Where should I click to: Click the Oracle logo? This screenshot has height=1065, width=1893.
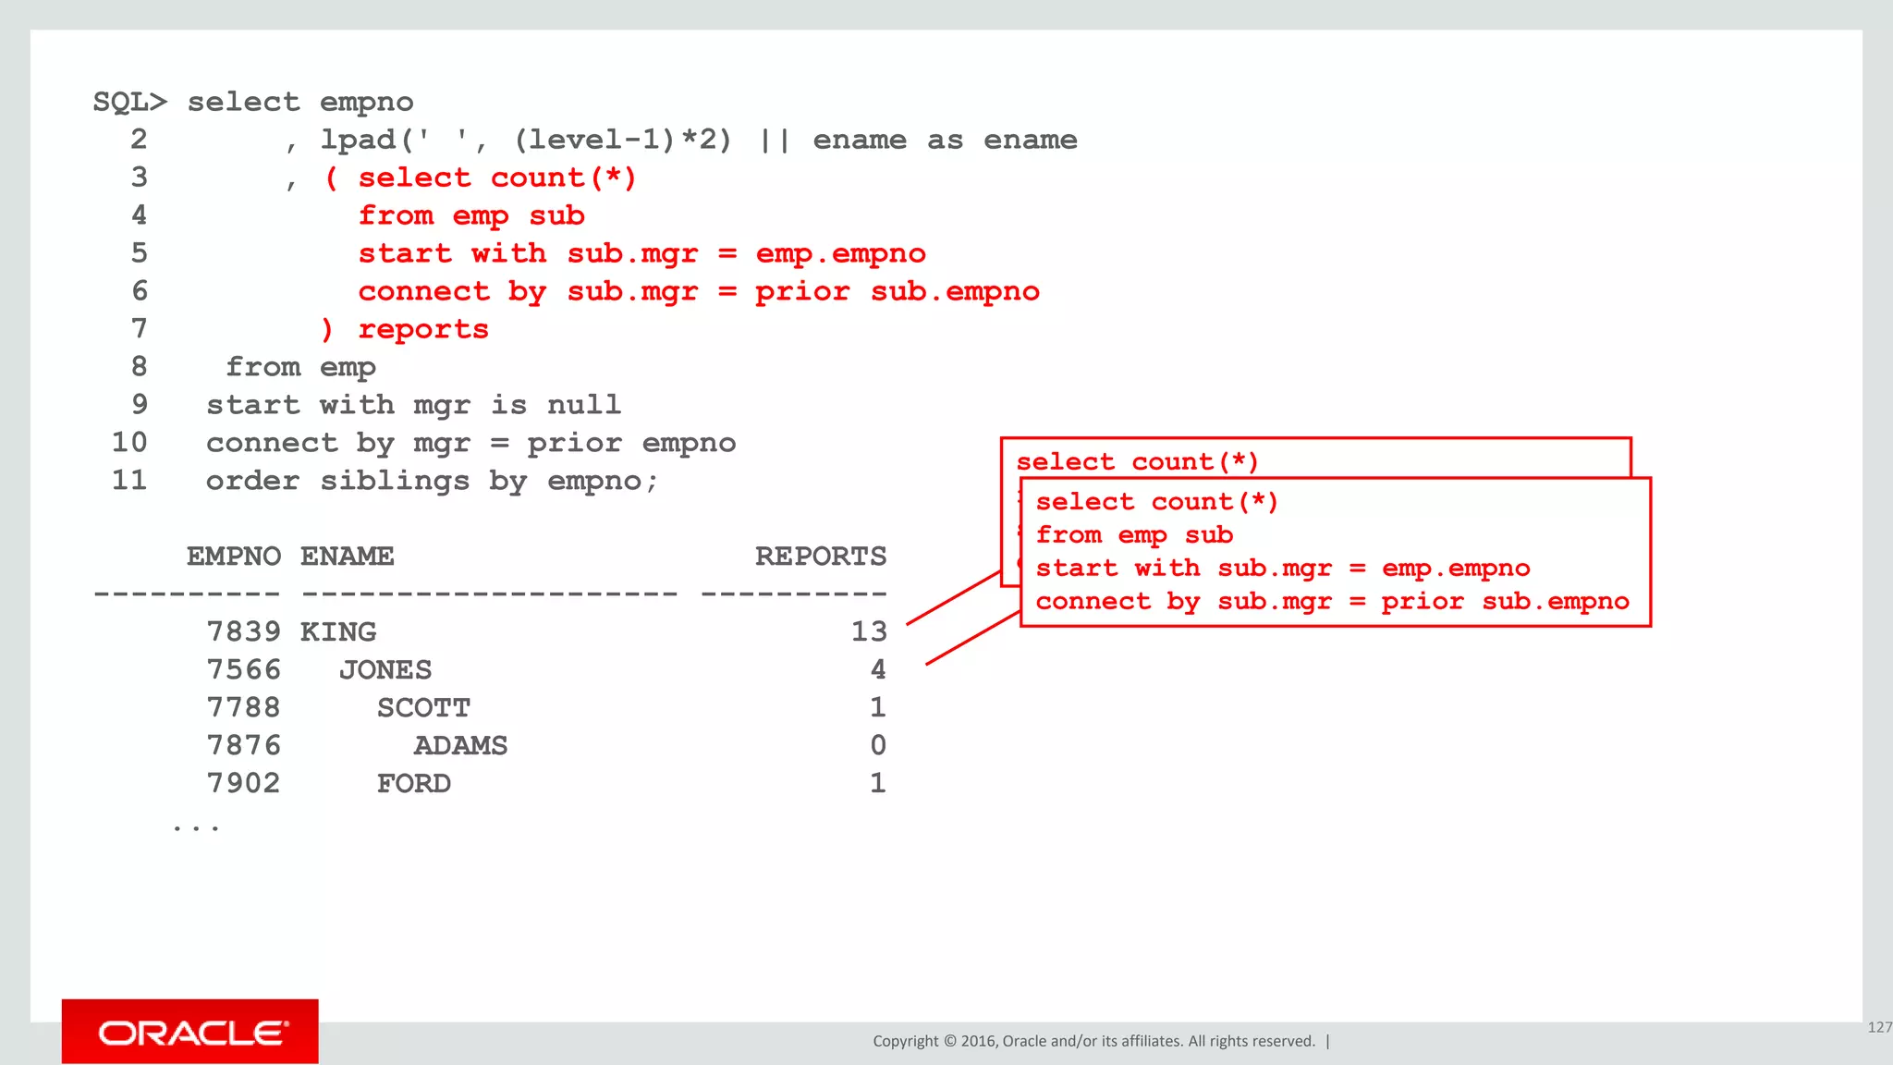(x=191, y=1032)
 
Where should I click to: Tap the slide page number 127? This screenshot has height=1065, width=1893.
(x=1879, y=1027)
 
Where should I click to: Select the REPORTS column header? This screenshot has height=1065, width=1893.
(x=820, y=557)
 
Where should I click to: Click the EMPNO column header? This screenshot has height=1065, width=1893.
(x=234, y=557)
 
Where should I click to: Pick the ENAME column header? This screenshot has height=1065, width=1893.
(x=348, y=557)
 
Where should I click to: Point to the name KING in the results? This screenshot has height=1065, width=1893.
(x=338, y=632)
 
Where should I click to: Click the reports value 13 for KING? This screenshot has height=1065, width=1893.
(x=868, y=632)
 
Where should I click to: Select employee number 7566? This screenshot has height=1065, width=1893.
(x=243, y=670)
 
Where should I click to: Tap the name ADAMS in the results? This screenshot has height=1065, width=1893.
(x=460, y=746)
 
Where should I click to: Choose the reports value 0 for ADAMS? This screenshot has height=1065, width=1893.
(x=877, y=746)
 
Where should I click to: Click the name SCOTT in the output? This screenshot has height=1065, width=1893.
(x=423, y=708)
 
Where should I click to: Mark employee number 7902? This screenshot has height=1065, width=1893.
(x=243, y=784)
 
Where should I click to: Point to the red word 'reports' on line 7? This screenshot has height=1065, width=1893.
(x=423, y=329)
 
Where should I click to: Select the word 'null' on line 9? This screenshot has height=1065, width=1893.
(x=583, y=405)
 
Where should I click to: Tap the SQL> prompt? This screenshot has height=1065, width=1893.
(x=130, y=102)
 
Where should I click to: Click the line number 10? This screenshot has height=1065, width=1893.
(x=129, y=443)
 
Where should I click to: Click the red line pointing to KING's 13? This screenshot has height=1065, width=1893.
(x=953, y=598)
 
